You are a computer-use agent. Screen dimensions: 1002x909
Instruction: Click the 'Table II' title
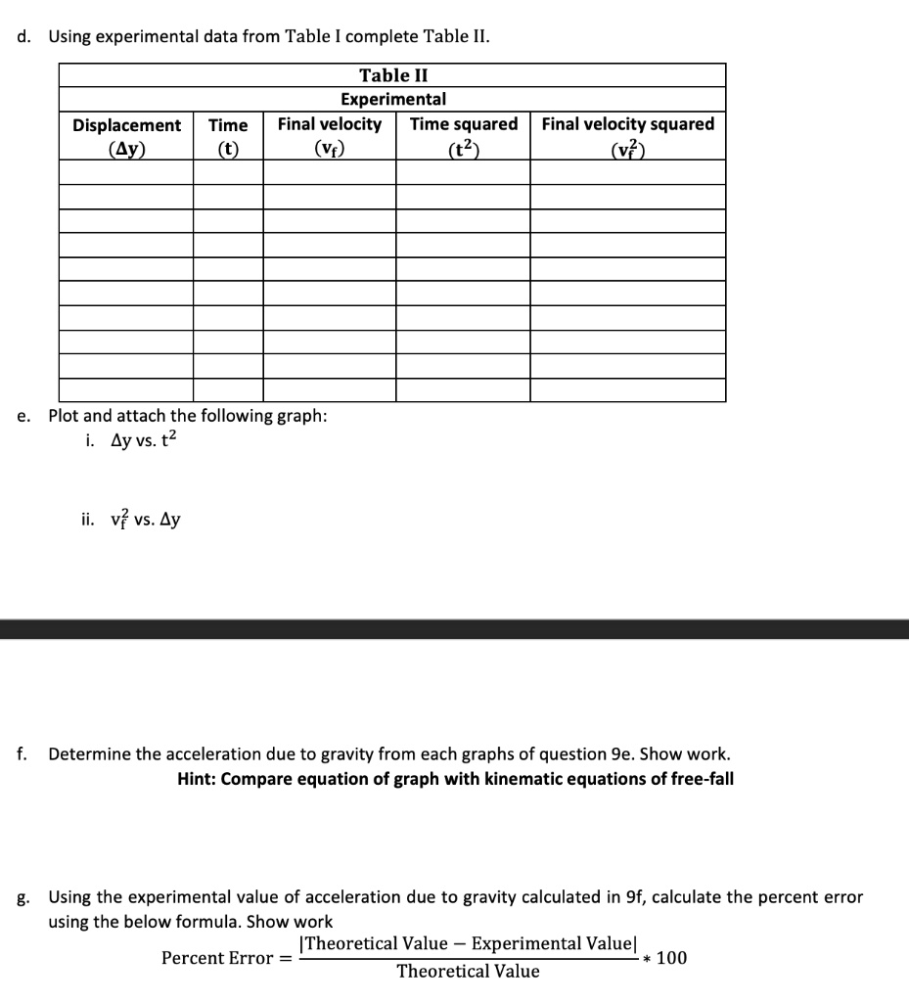click(392, 75)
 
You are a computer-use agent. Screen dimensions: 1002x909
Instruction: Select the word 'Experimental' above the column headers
click(392, 99)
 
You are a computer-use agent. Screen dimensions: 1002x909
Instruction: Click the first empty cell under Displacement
click(126, 172)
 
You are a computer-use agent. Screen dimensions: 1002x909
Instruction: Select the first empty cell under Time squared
click(463, 172)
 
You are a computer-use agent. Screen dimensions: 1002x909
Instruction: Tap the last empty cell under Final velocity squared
click(627, 390)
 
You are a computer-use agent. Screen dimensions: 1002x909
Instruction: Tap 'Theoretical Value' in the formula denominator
click(468, 972)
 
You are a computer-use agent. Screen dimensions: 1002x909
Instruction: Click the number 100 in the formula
click(671, 958)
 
